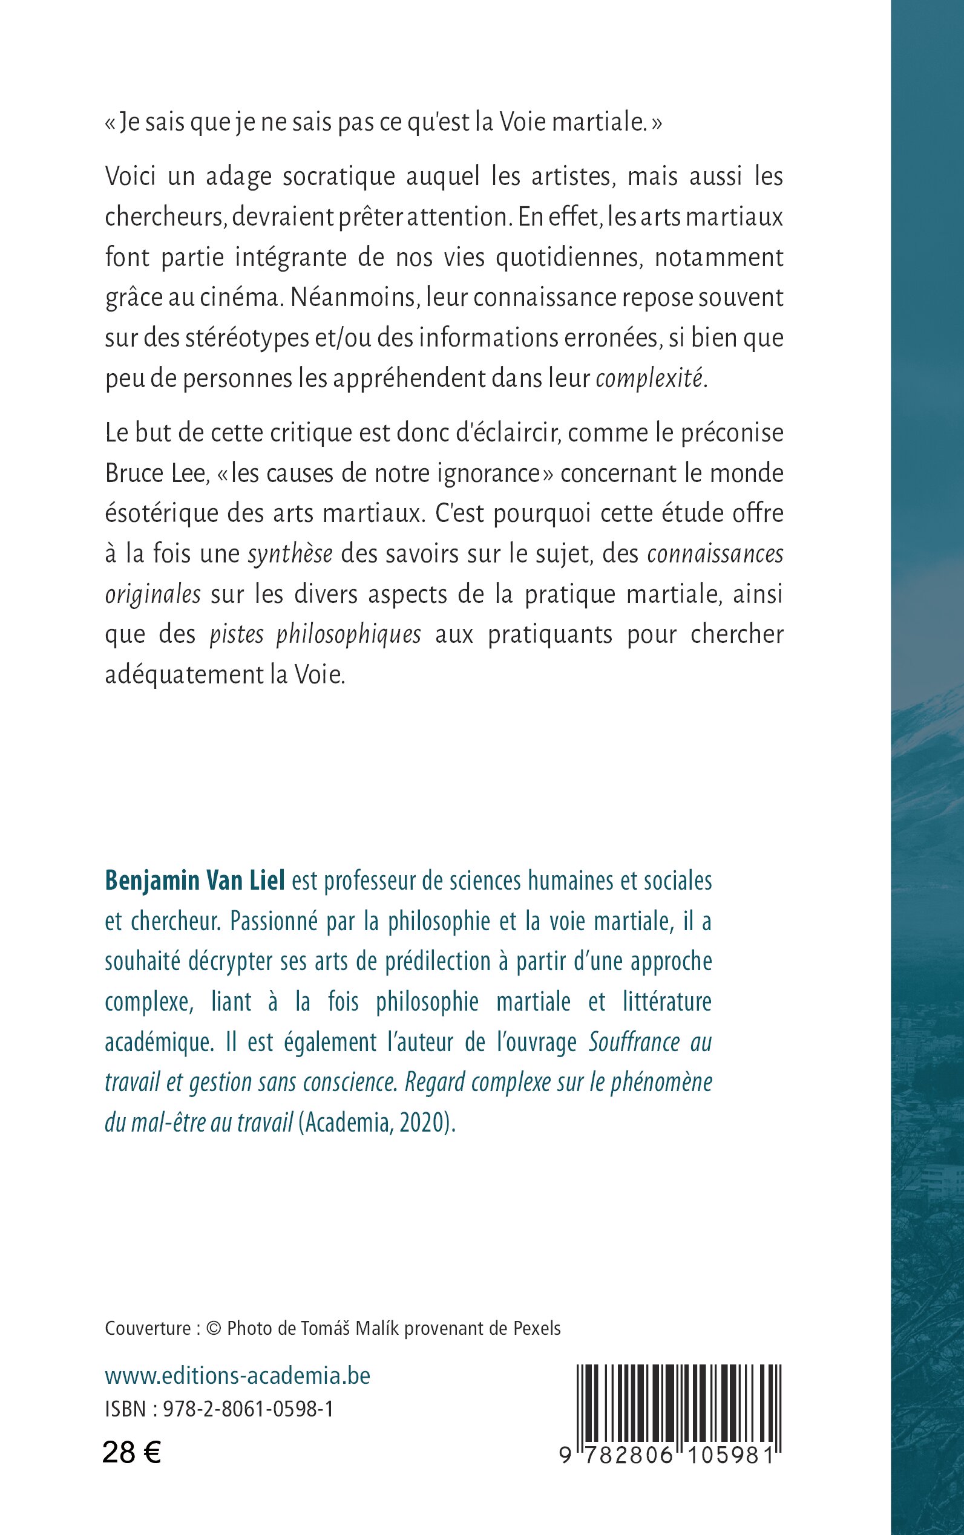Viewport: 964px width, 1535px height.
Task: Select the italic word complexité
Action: pyautogui.click(x=649, y=379)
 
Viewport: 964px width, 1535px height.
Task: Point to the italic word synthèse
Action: pyautogui.click(x=290, y=555)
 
